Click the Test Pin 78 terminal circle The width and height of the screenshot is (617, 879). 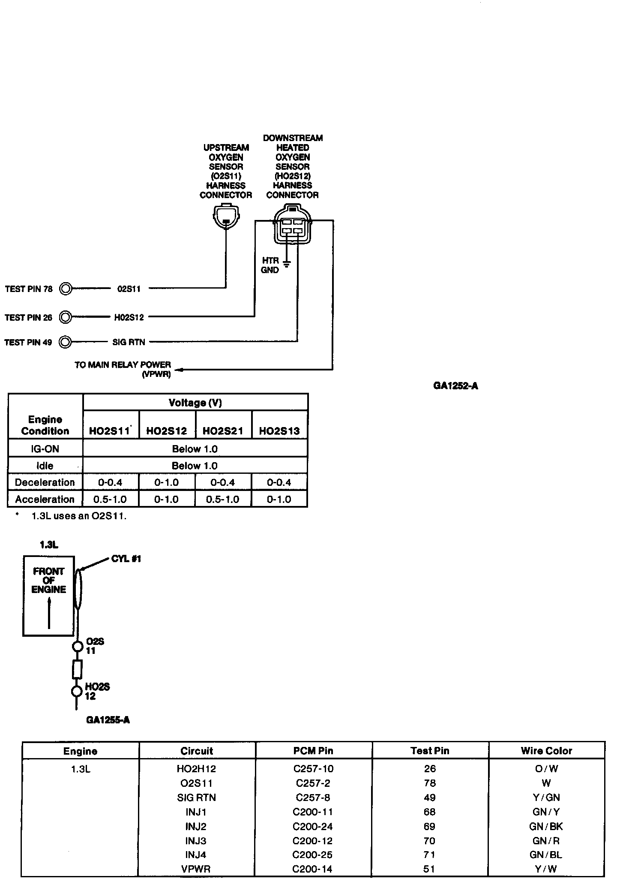66,289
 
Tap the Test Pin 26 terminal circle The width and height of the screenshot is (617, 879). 66,317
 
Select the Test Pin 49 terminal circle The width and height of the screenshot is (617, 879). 66,342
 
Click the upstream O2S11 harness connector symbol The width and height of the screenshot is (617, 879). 226,217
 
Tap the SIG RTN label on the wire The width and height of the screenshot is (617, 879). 129,342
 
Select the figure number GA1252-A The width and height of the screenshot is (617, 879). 455,386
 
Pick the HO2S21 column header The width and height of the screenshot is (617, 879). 223,431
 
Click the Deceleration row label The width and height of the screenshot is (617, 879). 45,482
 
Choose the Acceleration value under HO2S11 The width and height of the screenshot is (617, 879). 110,500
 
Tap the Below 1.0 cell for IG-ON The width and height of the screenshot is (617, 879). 195,449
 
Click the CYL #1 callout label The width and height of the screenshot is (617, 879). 126,559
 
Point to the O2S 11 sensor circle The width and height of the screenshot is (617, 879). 77,646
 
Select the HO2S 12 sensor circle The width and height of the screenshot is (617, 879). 77,691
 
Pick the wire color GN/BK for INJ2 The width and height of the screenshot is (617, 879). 546,826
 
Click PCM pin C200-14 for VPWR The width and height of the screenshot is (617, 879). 313,869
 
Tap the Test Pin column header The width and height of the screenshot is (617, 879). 430,751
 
